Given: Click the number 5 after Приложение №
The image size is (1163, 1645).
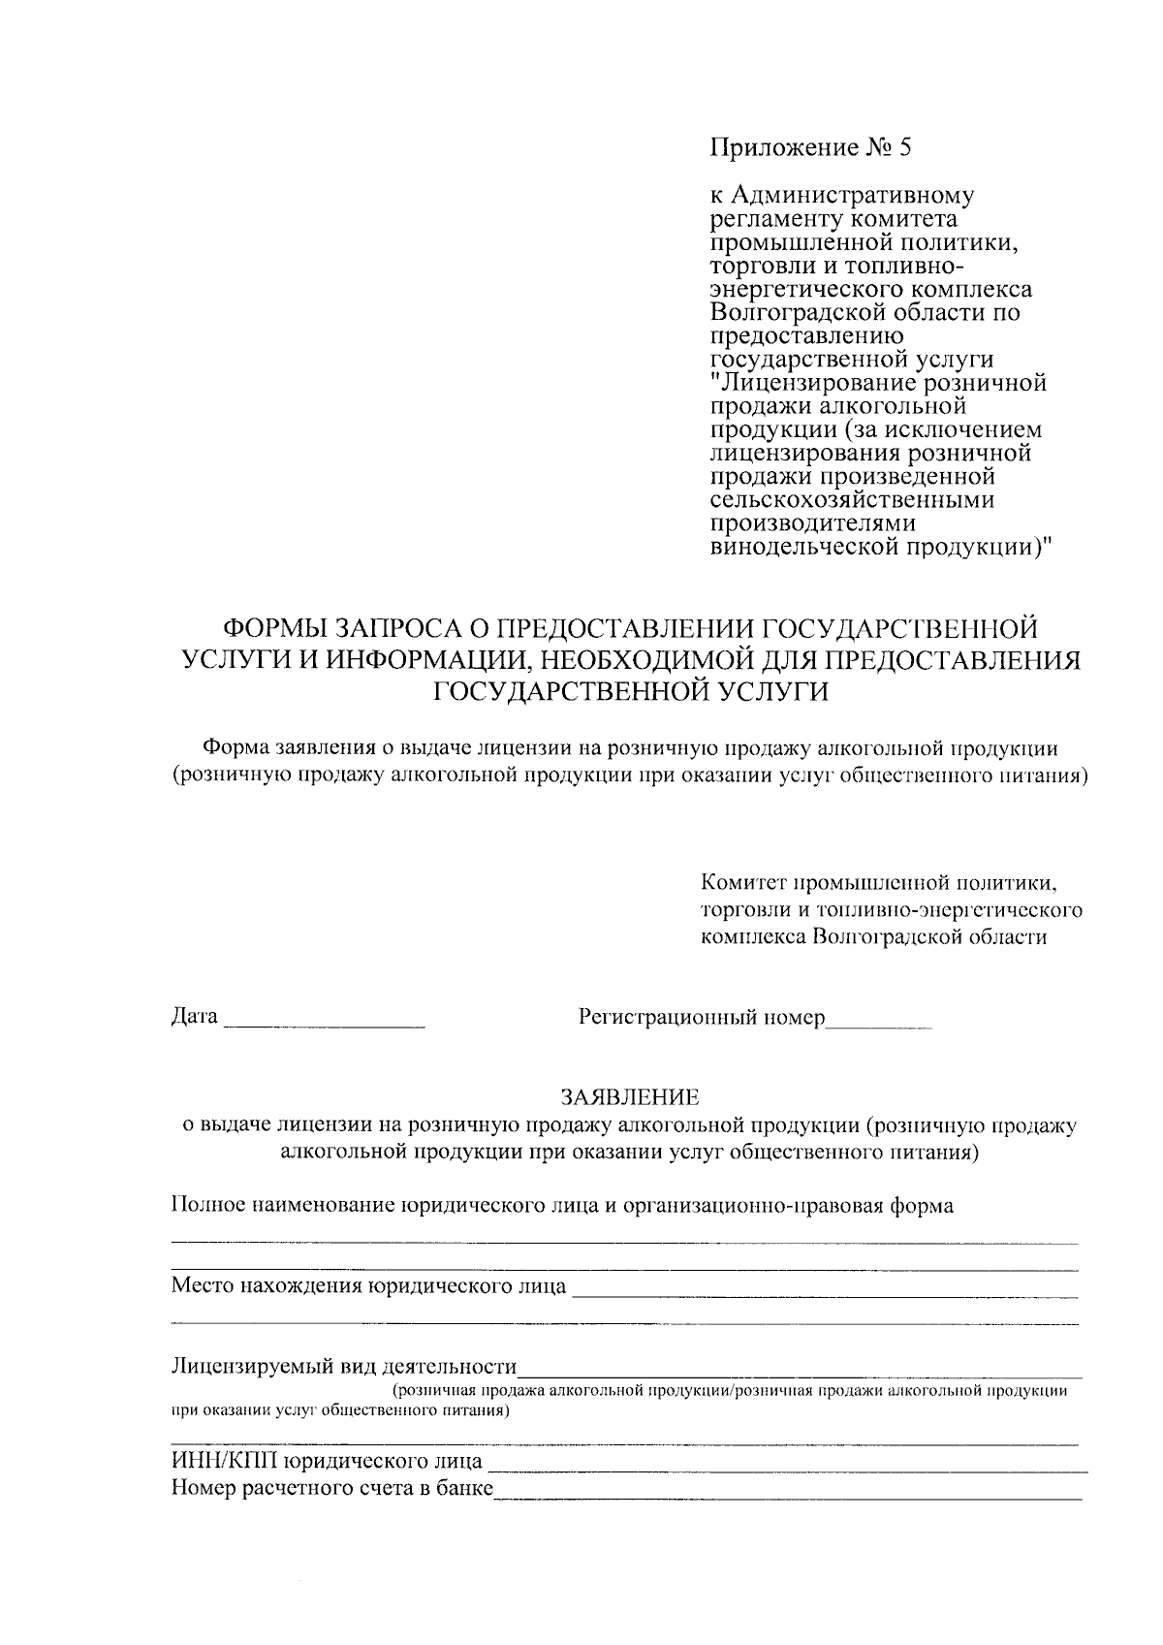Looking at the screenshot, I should (905, 148).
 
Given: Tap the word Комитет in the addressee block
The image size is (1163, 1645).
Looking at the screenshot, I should (742, 884).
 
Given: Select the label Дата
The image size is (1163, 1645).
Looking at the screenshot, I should (194, 1017).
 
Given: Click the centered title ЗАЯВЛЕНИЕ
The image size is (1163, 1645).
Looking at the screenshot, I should (629, 1097).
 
